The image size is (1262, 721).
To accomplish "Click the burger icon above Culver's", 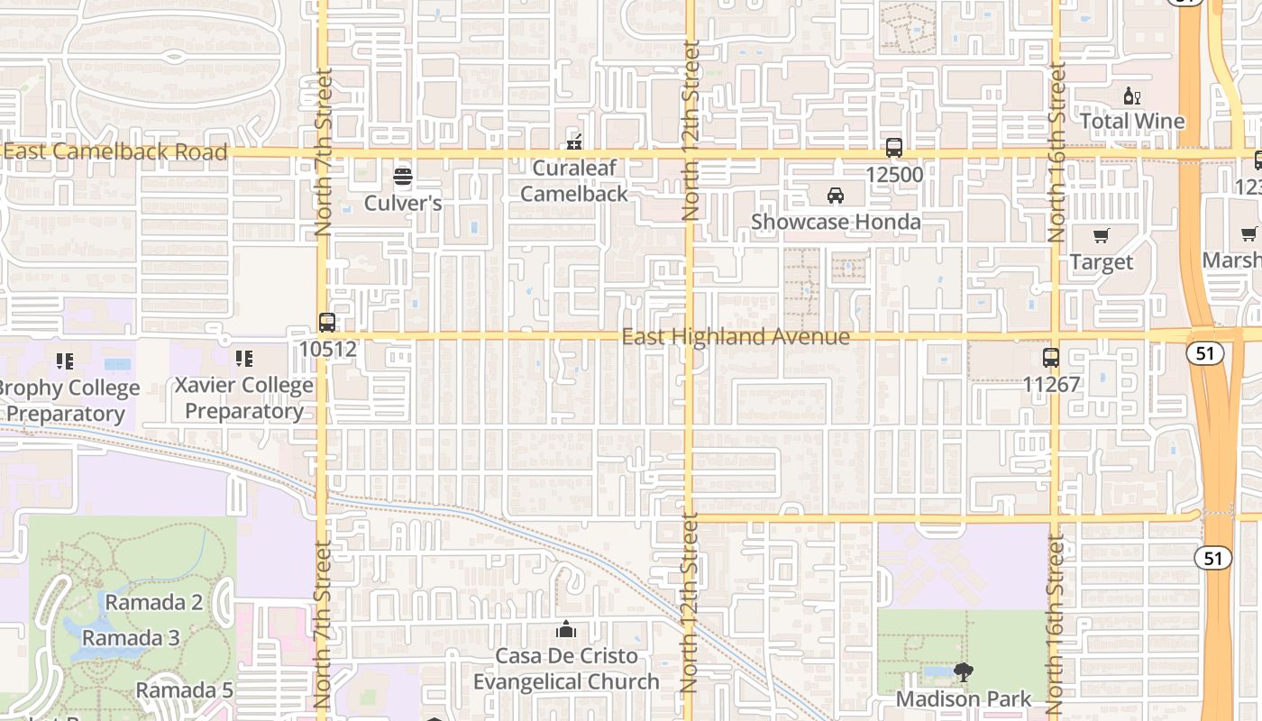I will pyautogui.click(x=403, y=177).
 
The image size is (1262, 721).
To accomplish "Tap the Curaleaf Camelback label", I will pyautogui.click(x=573, y=180).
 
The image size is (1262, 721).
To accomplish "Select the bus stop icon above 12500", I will pyautogui.click(x=893, y=148).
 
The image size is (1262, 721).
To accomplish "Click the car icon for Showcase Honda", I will pyautogui.click(x=836, y=196).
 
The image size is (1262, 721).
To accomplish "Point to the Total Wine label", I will pyautogui.click(x=1131, y=121).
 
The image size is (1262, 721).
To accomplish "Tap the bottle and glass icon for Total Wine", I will pyautogui.click(x=1131, y=96).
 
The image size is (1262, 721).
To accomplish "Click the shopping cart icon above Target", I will pyautogui.click(x=1101, y=236).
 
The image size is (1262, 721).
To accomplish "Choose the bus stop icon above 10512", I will pyautogui.click(x=327, y=322).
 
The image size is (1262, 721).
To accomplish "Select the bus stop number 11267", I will pyautogui.click(x=1050, y=384).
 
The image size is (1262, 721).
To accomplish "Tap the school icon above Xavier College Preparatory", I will pyautogui.click(x=243, y=360).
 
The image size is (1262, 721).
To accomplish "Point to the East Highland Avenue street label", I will pyautogui.click(x=736, y=337).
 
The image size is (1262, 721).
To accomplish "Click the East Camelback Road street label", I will pyautogui.click(x=115, y=151).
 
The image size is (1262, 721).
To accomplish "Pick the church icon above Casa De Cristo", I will pyautogui.click(x=566, y=629).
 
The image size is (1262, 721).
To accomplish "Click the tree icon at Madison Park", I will pyautogui.click(x=963, y=672).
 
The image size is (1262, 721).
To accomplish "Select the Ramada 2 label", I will pyautogui.click(x=154, y=602).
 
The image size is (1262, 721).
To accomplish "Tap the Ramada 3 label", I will pyautogui.click(x=131, y=638).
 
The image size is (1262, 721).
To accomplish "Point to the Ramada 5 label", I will pyautogui.click(x=184, y=690).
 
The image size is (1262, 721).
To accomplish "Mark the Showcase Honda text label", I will pyautogui.click(x=836, y=222).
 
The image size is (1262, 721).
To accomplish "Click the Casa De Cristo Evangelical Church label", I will pyautogui.click(x=566, y=669).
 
